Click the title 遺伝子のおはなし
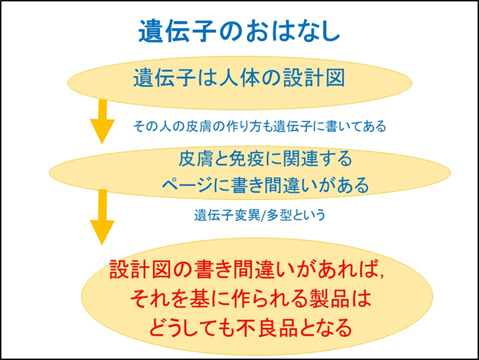(239, 31)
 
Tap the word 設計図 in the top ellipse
(314, 78)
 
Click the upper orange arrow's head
(102, 131)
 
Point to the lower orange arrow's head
(102, 232)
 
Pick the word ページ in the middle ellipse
(187, 185)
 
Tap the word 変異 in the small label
(247, 215)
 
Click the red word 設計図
(140, 269)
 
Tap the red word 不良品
(268, 327)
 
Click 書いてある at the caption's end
(356, 126)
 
